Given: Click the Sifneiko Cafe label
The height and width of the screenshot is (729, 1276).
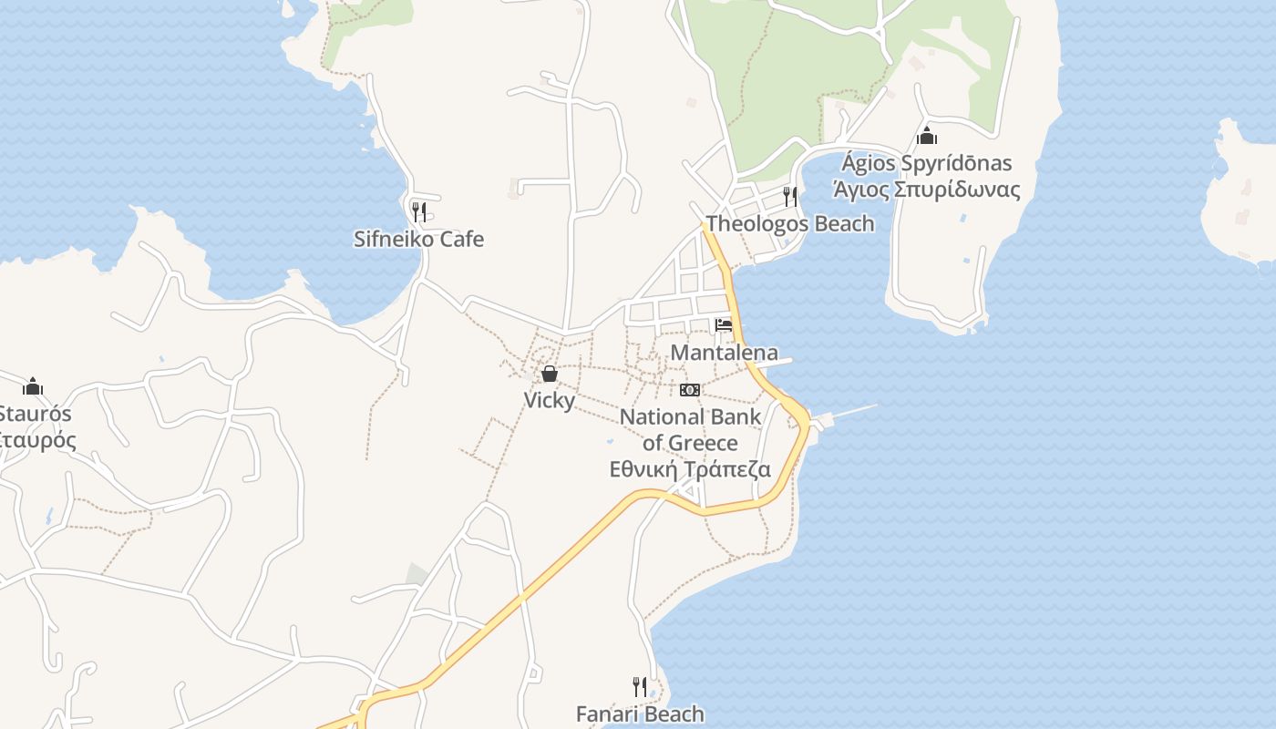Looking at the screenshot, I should [x=418, y=240].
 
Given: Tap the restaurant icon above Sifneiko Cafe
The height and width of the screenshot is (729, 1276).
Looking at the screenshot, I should [x=418, y=212].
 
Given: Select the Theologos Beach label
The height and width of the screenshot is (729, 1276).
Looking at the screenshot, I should [x=789, y=223].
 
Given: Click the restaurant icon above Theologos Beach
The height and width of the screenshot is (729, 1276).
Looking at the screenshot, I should [x=789, y=196].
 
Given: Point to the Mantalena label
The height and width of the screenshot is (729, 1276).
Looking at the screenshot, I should [x=724, y=353].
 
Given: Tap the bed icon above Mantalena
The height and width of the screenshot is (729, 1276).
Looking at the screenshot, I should [x=724, y=325].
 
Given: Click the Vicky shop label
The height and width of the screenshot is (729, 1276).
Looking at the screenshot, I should [x=549, y=400].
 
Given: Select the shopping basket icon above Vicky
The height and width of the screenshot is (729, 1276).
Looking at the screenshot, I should [x=549, y=374].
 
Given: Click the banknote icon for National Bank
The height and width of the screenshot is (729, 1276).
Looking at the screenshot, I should [x=690, y=390].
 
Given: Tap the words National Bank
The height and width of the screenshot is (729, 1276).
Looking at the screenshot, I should [x=690, y=417].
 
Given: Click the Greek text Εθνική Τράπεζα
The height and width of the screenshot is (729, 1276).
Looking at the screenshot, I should [x=690, y=470].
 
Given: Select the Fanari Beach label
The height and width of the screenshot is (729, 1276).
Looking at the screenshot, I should [x=640, y=714].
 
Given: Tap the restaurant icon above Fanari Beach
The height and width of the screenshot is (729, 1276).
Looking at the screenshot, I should [x=640, y=686].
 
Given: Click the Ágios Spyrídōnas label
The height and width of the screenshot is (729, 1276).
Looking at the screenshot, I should [x=926, y=164].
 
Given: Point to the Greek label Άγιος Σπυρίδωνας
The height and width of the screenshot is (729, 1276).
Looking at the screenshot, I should [x=926, y=190].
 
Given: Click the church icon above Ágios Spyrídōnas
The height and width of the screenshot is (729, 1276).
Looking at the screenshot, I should [x=927, y=137].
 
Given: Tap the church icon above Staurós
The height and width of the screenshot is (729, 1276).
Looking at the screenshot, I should [x=33, y=386].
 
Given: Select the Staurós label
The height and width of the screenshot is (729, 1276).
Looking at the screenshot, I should [x=35, y=414].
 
